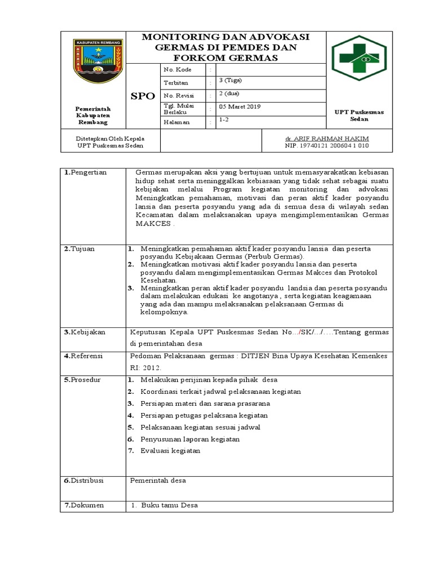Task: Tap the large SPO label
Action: (142, 96)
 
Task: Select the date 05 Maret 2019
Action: (240, 106)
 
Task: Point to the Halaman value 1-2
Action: (224, 120)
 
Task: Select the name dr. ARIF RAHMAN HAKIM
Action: (327, 138)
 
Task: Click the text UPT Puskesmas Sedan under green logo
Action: (359, 116)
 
